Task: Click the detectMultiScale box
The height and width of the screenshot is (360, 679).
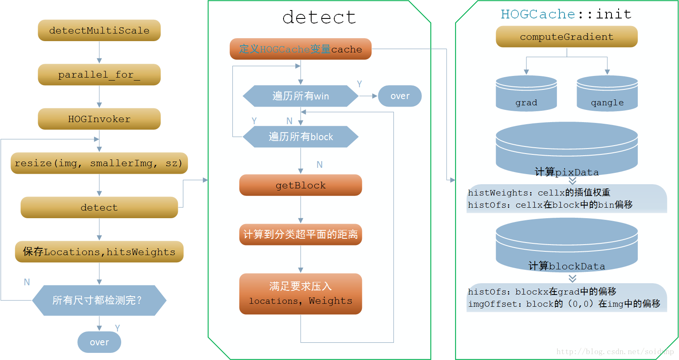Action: [99, 30]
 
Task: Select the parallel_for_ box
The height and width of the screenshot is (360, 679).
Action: [99, 75]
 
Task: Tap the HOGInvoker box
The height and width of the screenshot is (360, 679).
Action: [99, 119]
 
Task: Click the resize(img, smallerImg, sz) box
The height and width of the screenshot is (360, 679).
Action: [99, 163]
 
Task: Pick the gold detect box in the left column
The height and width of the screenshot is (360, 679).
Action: [99, 207]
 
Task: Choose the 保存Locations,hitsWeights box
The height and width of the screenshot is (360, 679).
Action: [99, 252]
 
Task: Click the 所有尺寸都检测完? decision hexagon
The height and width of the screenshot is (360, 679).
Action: [99, 300]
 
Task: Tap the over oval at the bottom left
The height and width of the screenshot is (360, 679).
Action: [99, 342]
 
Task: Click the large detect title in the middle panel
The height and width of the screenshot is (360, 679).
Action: [319, 18]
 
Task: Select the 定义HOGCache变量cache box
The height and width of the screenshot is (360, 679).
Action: [300, 49]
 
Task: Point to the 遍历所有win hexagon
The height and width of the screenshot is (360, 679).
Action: [300, 96]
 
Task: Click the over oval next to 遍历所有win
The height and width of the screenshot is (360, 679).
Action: [400, 96]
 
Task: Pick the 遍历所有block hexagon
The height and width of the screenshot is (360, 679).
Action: [300, 137]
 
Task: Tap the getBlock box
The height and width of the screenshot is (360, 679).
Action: [300, 185]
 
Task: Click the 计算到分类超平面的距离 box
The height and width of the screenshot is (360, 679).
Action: [300, 234]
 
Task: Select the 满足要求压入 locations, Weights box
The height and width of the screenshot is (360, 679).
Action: [300, 294]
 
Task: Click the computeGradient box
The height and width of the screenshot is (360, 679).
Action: [567, 37]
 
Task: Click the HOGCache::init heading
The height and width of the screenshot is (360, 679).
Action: [566, 14]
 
